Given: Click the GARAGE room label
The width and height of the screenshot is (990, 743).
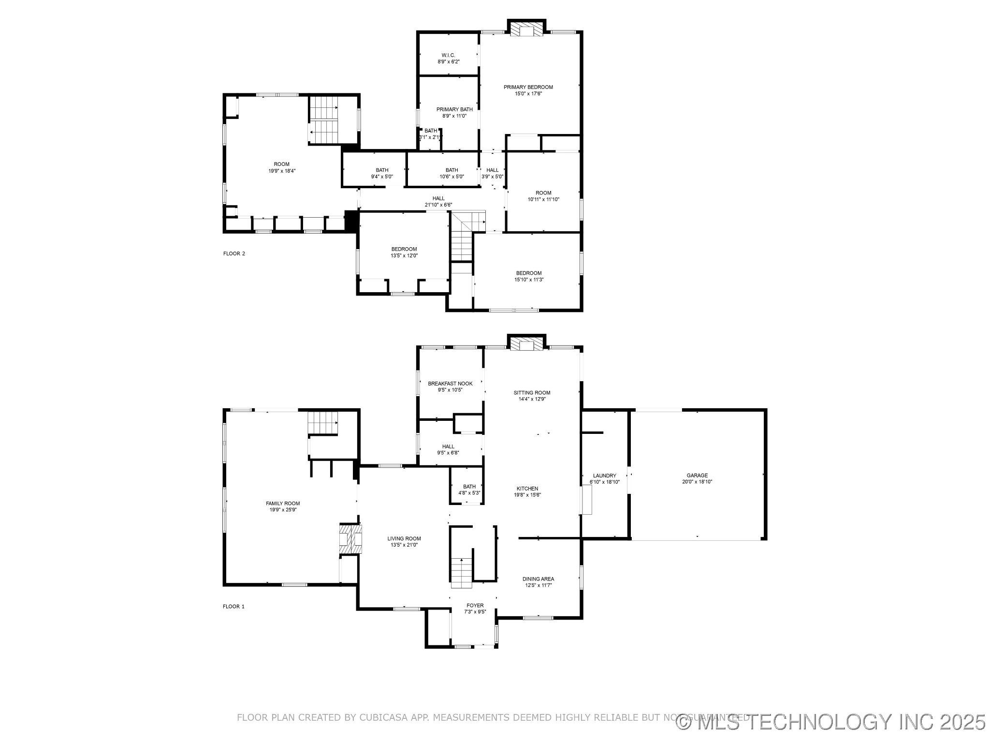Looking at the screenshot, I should pyautogui.click(x=697, y=476).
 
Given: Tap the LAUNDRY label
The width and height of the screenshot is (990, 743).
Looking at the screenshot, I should pyautogui.click(x=604, y=476).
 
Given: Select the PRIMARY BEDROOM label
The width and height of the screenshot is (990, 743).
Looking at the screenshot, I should pyautogui.click(x=528, y=87).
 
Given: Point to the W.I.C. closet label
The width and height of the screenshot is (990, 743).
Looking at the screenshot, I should pyautogui.click(x=448, y=55).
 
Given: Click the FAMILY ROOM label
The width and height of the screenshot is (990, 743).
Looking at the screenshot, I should pyautogui.click(x=283, y=503).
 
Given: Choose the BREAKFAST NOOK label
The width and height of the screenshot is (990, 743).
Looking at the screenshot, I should pyautogui.click(x=450, y=383).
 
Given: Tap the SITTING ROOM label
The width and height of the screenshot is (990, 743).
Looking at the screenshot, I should pyautogui.click(x=532, y=392).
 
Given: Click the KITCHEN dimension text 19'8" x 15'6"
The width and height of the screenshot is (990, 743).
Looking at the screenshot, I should pyautogui.click(x=527, y=495).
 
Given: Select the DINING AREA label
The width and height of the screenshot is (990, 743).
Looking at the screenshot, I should pyautogui.click(x=538, y=579).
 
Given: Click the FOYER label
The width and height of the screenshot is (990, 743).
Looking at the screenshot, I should pyautogui.click(x=475, y=605).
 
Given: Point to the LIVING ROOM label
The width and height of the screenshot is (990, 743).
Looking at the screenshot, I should pyautogui.click(x=404, y=538).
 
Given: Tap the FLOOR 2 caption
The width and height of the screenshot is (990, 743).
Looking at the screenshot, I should pyautogui.click(x=234, y=253).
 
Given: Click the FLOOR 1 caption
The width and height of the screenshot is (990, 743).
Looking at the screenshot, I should pyautogui.click(x=233, y=607).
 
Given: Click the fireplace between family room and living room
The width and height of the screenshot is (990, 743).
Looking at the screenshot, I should pyautogui.click(x=350, y=538).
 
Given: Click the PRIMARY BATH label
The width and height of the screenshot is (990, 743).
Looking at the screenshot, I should pyautogui.click(x=454, y=109).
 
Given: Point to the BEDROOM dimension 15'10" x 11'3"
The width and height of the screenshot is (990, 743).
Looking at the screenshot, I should pyautogui.click(x=529, y=280).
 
